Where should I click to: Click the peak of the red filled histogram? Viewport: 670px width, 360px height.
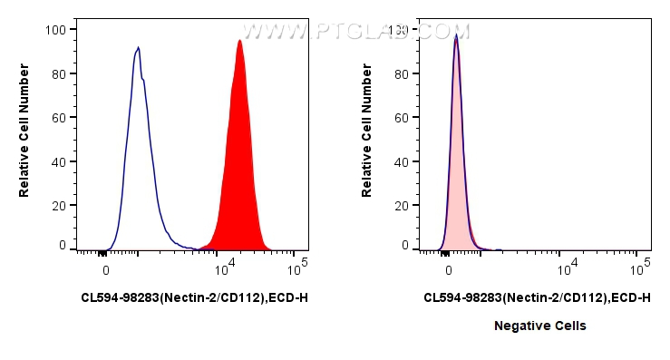[239, 41]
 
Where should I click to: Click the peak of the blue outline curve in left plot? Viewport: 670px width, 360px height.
[138, 48]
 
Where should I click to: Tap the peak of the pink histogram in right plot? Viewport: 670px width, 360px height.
[456, 37]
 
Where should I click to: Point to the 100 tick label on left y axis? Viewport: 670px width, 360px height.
[55, 30]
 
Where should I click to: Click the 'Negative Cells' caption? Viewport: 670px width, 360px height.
[539, 326]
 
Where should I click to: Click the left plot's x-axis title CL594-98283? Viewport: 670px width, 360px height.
[194, 297]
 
